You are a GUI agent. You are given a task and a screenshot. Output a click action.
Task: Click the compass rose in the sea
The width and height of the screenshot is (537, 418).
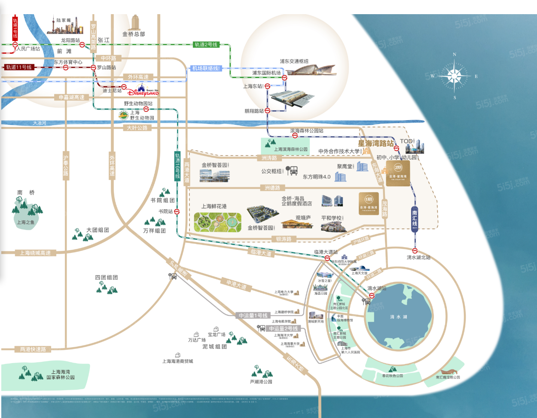pos(454,76)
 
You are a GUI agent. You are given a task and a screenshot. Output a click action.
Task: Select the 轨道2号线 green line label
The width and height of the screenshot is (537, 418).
pos(206,45)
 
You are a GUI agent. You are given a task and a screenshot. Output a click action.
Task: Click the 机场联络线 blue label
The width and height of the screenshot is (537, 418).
pos(206,68)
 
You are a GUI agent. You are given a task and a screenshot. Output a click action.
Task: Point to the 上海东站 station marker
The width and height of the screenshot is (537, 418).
pos(267,86)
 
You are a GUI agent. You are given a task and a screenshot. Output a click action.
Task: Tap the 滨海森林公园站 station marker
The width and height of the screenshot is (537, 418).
pos(295,136)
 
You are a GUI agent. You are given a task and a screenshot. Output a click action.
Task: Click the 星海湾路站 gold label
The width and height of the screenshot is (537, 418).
pos(375,143)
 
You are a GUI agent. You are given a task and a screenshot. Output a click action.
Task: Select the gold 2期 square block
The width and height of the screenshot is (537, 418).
pos(398,173)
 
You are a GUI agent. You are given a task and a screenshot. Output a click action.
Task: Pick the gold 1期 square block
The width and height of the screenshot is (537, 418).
pos(369,203)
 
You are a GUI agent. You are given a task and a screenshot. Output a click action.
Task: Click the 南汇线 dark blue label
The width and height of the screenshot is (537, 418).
pos(415,219)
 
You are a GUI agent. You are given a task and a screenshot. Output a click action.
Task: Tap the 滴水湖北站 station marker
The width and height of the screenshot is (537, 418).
pos(415,251)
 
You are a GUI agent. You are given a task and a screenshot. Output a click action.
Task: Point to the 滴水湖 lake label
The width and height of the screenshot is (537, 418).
pos(398,317)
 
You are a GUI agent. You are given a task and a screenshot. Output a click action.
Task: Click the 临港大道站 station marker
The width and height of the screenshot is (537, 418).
pos(327,258)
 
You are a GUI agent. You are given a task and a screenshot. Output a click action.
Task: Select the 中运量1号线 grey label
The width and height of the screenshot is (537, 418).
pos(253,315)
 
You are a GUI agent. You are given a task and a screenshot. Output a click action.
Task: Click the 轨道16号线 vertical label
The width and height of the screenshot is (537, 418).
pos(177,165)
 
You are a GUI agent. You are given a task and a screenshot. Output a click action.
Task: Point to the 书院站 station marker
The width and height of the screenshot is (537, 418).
pos(177,212)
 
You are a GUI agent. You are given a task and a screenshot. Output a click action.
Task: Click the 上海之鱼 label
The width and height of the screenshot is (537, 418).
pos(25,222)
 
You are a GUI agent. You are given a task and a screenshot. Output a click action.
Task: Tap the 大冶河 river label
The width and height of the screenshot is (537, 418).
pos(40,123)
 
